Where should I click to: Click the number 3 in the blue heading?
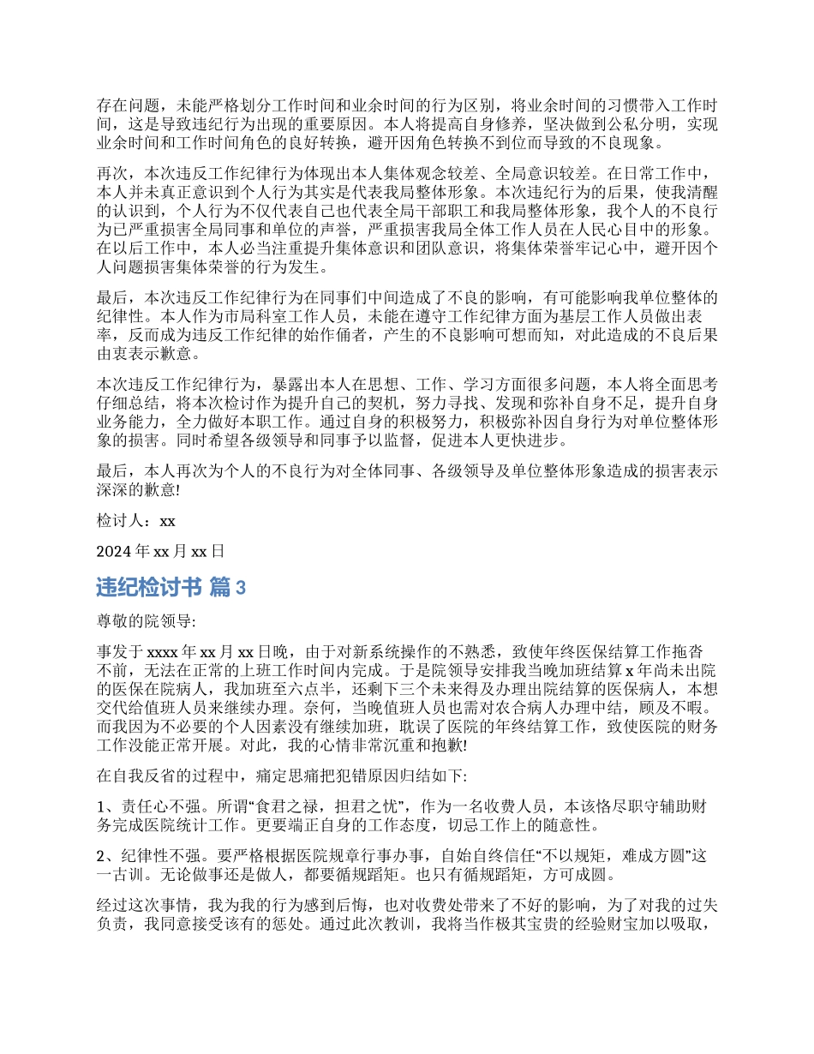241,587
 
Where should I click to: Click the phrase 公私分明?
649,123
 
